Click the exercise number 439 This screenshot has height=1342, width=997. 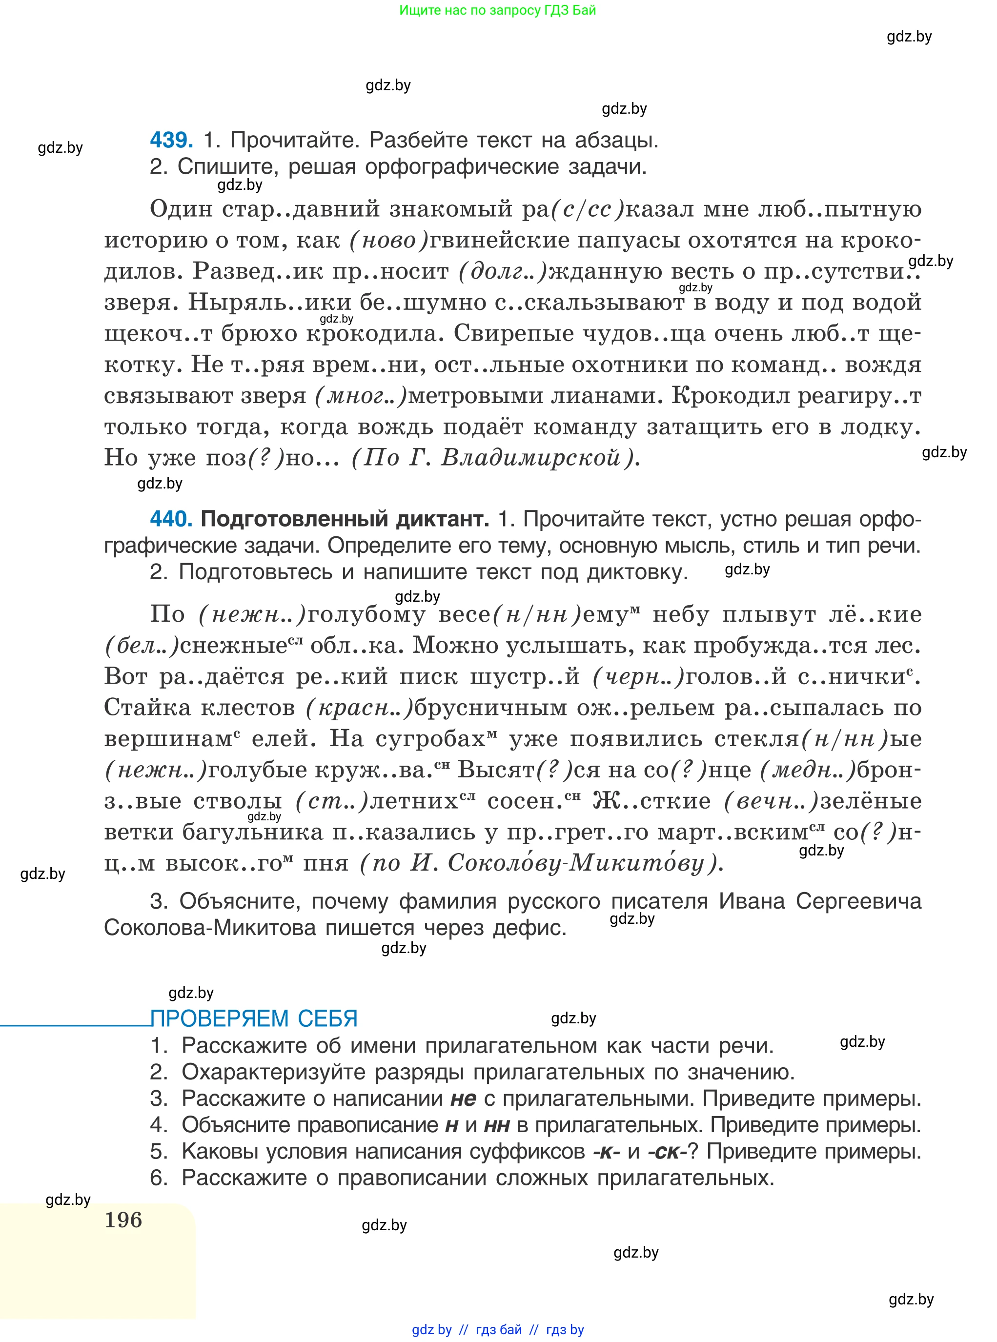coord(171,140)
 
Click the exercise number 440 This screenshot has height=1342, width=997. coord(171,518)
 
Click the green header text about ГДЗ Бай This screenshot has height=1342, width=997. coord(497,10)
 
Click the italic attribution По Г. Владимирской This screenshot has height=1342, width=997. coord(494,458)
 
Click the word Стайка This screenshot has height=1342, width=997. coord(148,707)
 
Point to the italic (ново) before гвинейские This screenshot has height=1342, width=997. coord(388,240)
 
